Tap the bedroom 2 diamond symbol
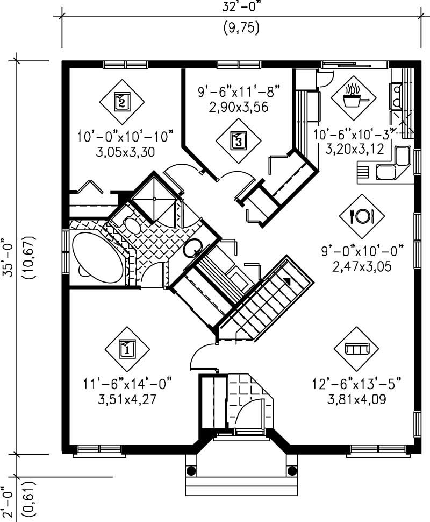click(x=122, y=101)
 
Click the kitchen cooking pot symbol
click(x=353, y=97)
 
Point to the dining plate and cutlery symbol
click(x=361, y=216)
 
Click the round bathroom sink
click(x=192, y=249)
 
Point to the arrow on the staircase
click(x=288, y=280)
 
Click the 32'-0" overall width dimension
click(x=241, y=8)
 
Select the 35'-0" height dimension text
click(x=8, y=257)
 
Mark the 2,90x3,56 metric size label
click(x=239, y=107)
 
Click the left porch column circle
click(x=191, y=471)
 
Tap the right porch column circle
click(x=292, y=471)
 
